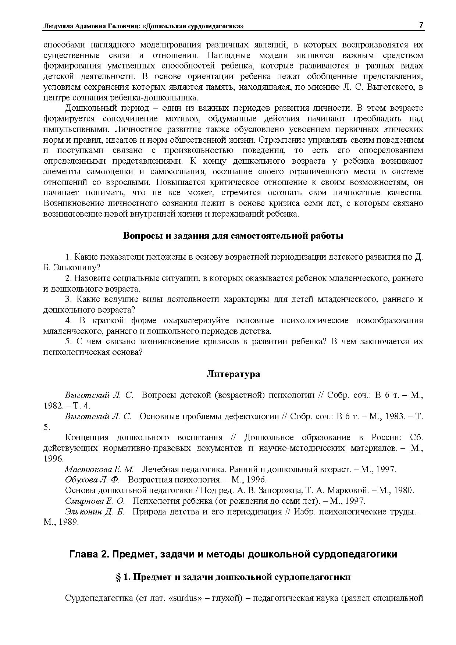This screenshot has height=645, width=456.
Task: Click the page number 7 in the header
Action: click(x=421, y=25)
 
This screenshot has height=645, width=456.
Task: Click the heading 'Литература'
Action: click(x=233, y=374)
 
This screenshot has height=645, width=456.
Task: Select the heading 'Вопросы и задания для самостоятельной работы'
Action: click(x=233, y=236)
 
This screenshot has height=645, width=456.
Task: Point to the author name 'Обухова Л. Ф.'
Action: click(x=92, y=480)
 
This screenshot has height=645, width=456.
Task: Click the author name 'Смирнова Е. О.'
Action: click(x=95, y=501)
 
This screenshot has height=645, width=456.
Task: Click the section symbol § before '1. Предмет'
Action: click(x=118, y=577)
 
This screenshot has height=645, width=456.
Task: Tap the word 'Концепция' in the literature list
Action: click(x=87, y=438)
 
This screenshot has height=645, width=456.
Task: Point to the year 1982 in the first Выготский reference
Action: click(x=51, y=406)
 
